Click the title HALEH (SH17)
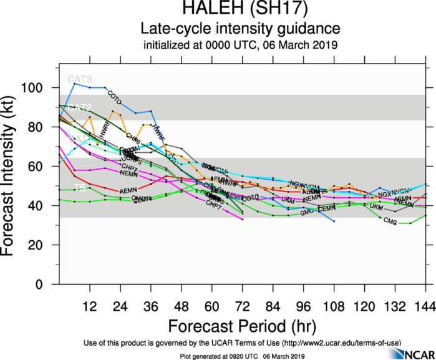(x=240, y=11)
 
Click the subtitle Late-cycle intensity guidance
(x=240, y=29)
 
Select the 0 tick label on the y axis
(x=48, y=285)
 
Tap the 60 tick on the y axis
(x=45, y=167)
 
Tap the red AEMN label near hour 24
(x=128, y=190)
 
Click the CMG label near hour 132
(x=390, y=221)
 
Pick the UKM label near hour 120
(x=377, y=207)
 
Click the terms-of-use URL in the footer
(x=341, y=343)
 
